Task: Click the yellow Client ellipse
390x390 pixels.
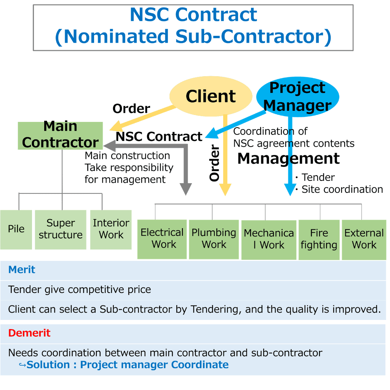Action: pos(211,96)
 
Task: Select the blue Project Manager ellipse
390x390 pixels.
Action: pos(297,97)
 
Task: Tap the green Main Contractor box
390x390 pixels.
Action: pos(61,135)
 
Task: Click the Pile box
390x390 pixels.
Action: pos(16,229)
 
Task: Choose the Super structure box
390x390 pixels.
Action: pos(61,229)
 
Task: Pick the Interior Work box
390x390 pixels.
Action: pos(111,229)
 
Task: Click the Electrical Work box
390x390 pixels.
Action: pos(162,239)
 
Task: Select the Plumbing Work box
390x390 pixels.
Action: pos(214,239)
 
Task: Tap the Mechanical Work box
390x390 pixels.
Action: pos(269,240)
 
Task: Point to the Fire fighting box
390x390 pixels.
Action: pos(319,240)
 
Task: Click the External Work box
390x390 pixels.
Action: pos(364,240)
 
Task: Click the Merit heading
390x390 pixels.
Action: pos(22,270)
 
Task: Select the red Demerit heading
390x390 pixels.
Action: pos(29,333)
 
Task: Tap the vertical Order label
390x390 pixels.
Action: pos(215,163)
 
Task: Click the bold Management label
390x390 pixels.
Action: pos(288,159)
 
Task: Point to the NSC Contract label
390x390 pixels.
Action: pos(159,137)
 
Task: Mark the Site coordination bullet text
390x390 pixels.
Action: pos(342,189)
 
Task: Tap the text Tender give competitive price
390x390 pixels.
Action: pos(80,290)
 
